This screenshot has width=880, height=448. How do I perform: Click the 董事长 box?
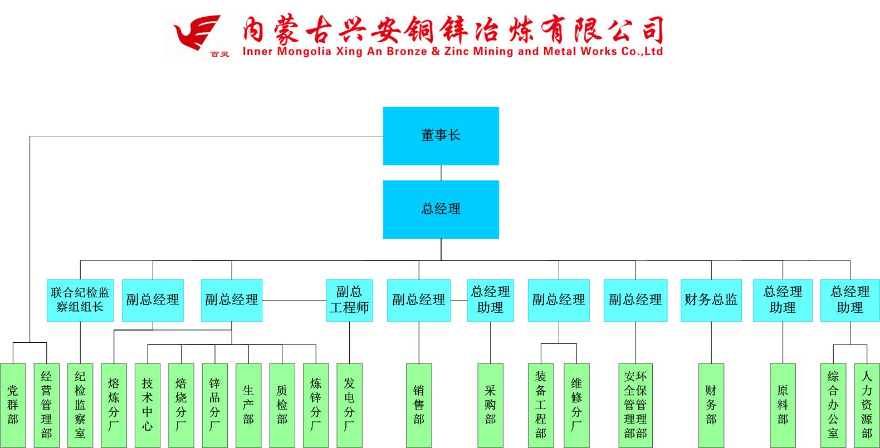pos(441,136)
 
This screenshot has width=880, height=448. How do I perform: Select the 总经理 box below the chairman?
pos(441,209)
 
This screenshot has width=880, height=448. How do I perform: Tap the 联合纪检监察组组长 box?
pos(80,300)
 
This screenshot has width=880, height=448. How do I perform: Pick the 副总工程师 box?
pos(349,300)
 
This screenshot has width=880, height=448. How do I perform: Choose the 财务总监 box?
pos(711,300)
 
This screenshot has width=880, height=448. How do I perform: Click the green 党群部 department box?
pos(13,405)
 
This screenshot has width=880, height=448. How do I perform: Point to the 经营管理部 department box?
pos(46,405)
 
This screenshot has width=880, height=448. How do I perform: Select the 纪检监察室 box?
pos(80,405)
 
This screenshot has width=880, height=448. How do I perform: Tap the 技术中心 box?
pos(147,405)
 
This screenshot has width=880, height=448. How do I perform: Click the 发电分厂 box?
pos(349,405)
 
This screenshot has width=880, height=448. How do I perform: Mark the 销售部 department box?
pos(419,405)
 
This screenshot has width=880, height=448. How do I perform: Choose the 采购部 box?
pos(490,405)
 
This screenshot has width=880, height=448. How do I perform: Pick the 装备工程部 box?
pos(541,405)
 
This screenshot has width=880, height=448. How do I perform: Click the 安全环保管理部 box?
pos(635,405)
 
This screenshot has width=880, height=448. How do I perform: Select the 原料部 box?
pos(783,405)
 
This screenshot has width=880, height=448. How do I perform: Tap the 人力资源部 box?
pos(867,405)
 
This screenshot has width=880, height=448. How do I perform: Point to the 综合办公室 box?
pos(833,405)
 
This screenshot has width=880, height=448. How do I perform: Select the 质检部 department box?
pos(282,405)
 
